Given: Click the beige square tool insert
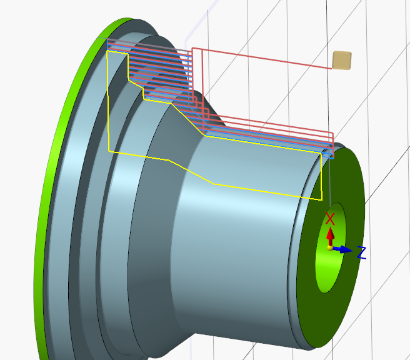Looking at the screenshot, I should click(342, 60).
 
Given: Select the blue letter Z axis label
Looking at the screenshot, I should click(361, 253).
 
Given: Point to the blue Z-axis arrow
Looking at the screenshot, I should click(342, 249).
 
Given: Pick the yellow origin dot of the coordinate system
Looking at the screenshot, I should click(330, 248).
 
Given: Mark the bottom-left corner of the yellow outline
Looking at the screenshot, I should click(109, 151).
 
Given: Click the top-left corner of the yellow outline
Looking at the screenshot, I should click(108, 52).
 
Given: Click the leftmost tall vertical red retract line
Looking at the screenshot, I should click(192, 81).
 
